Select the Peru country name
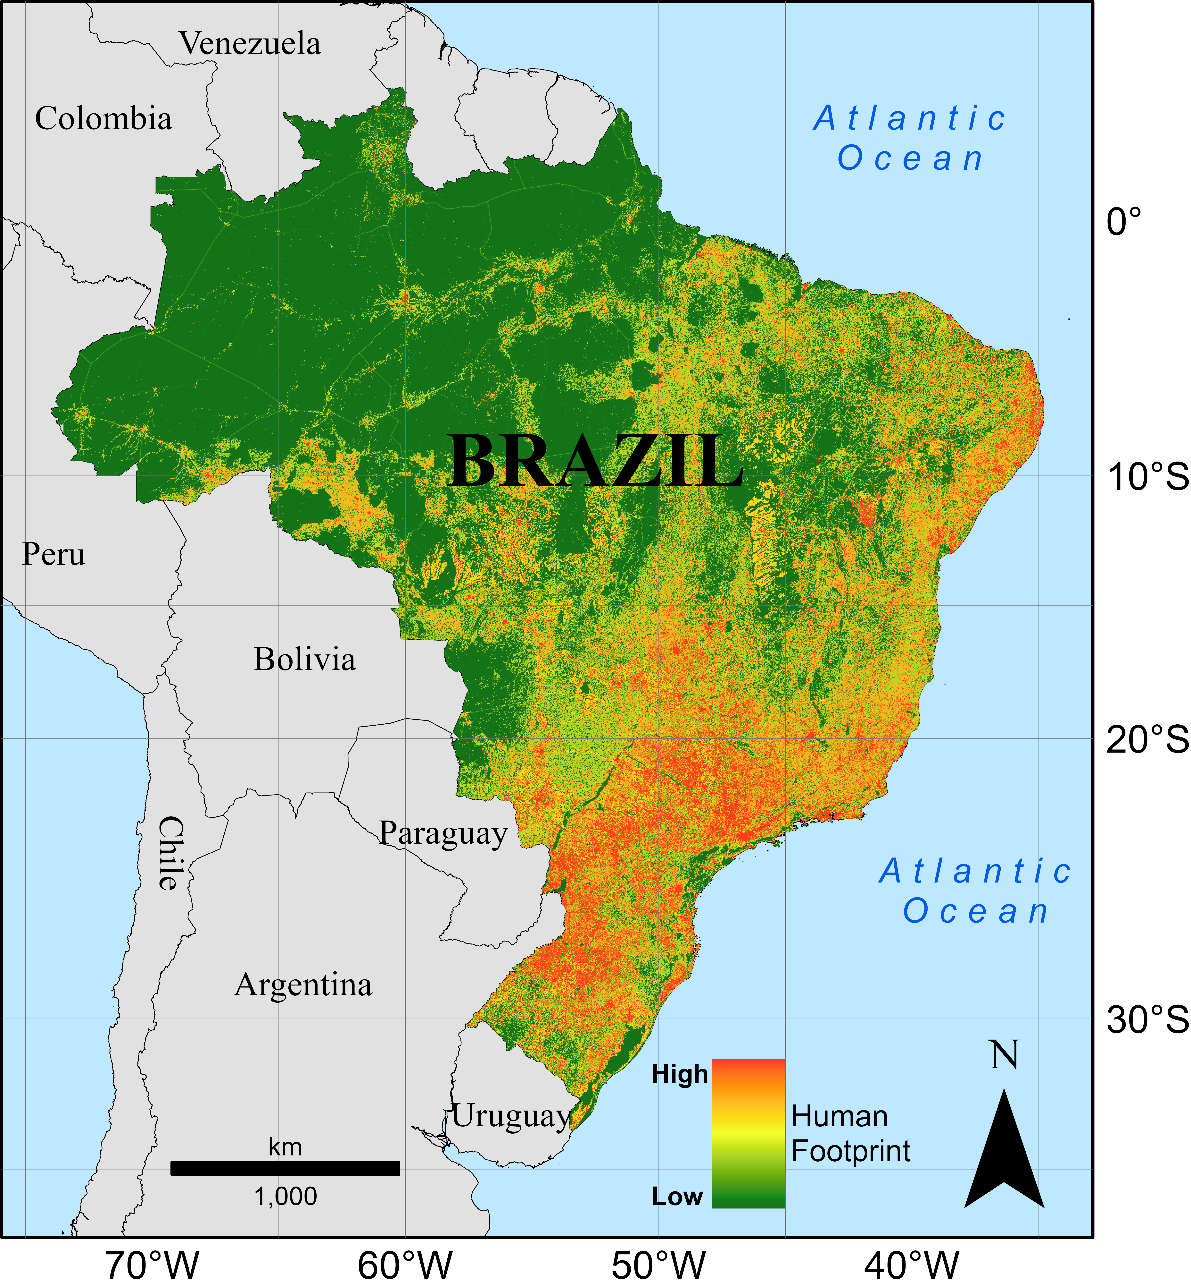(54, 555)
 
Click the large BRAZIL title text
(596, 462)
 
